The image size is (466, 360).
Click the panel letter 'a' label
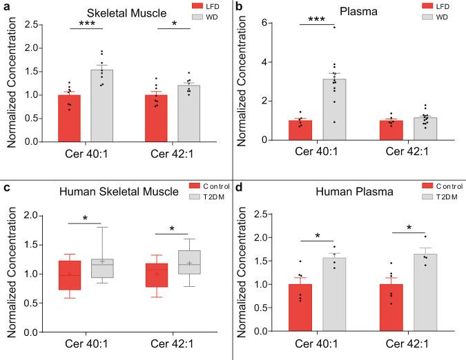pyautogui.click(x=5, y=6)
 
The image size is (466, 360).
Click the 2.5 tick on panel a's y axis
pyautogui.click(x=34, y=25)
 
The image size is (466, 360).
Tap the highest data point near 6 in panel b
pyautogui.click(x=334, y=27)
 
